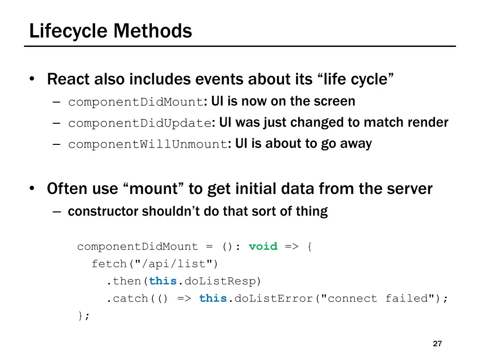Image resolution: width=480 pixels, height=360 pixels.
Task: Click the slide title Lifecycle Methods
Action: [x=111, y=31]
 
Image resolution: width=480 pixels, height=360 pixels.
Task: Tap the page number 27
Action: [x=437, y=344]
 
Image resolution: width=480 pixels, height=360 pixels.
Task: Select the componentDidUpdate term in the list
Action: [x=140, y=124]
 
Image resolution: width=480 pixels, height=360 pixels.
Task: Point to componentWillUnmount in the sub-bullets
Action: [x=147, y=145]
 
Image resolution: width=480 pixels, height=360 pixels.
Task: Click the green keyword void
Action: [x=263, y=247]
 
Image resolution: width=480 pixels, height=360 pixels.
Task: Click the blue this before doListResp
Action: [x=163, y=281]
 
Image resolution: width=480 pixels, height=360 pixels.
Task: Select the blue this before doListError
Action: [x=213, y=299]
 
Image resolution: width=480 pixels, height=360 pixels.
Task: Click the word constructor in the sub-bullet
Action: [x=104, y=212]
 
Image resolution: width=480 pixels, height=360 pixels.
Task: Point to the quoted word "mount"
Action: [x=153, y=189]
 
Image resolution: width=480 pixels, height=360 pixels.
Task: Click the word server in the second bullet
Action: [x=409, y=189]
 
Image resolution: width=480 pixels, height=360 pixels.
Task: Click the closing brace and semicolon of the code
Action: [x=83, y=316]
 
